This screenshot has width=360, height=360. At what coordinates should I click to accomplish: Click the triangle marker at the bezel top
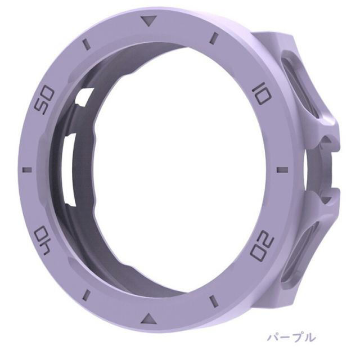[148, 21]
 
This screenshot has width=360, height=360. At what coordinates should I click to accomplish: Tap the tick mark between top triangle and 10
[214, 38]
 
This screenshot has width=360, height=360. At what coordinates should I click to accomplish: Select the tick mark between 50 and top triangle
[85, 44]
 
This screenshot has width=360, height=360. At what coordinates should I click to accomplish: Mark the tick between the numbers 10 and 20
[282, 170]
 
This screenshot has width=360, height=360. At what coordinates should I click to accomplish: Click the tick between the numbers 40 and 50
[27, 170]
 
